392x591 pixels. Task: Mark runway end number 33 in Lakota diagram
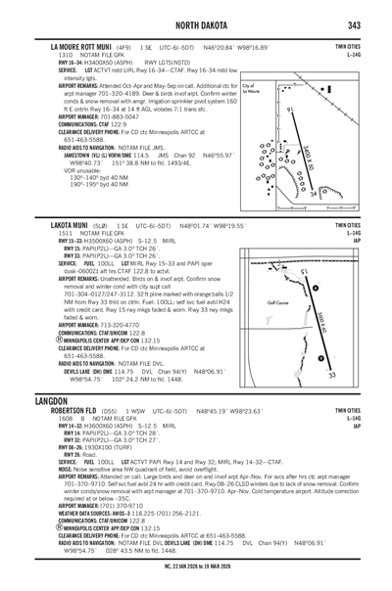(x=332, y=375)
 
